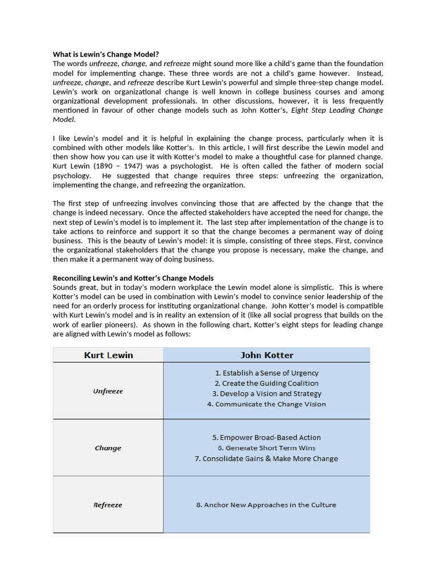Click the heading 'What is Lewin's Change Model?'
pos(105,55)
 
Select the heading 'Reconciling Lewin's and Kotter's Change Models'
pos(133,278)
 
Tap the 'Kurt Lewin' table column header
pos(108,355)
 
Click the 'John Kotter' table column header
pos(266,355)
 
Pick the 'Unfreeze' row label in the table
pos(108,391)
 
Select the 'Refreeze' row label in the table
pos(108,505)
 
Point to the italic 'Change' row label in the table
pos(108,448)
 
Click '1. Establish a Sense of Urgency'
pos(266,373)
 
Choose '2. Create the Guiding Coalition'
pos(266,383)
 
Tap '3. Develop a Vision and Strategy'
pos(266,393)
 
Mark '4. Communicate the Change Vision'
pos(266,404)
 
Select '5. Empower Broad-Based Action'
pos(266,437)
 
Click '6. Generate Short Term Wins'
pos(266,448)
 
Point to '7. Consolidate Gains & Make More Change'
pos(266,458)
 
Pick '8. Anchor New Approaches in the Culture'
pos(266,505)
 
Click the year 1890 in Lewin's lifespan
pos(105,166)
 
